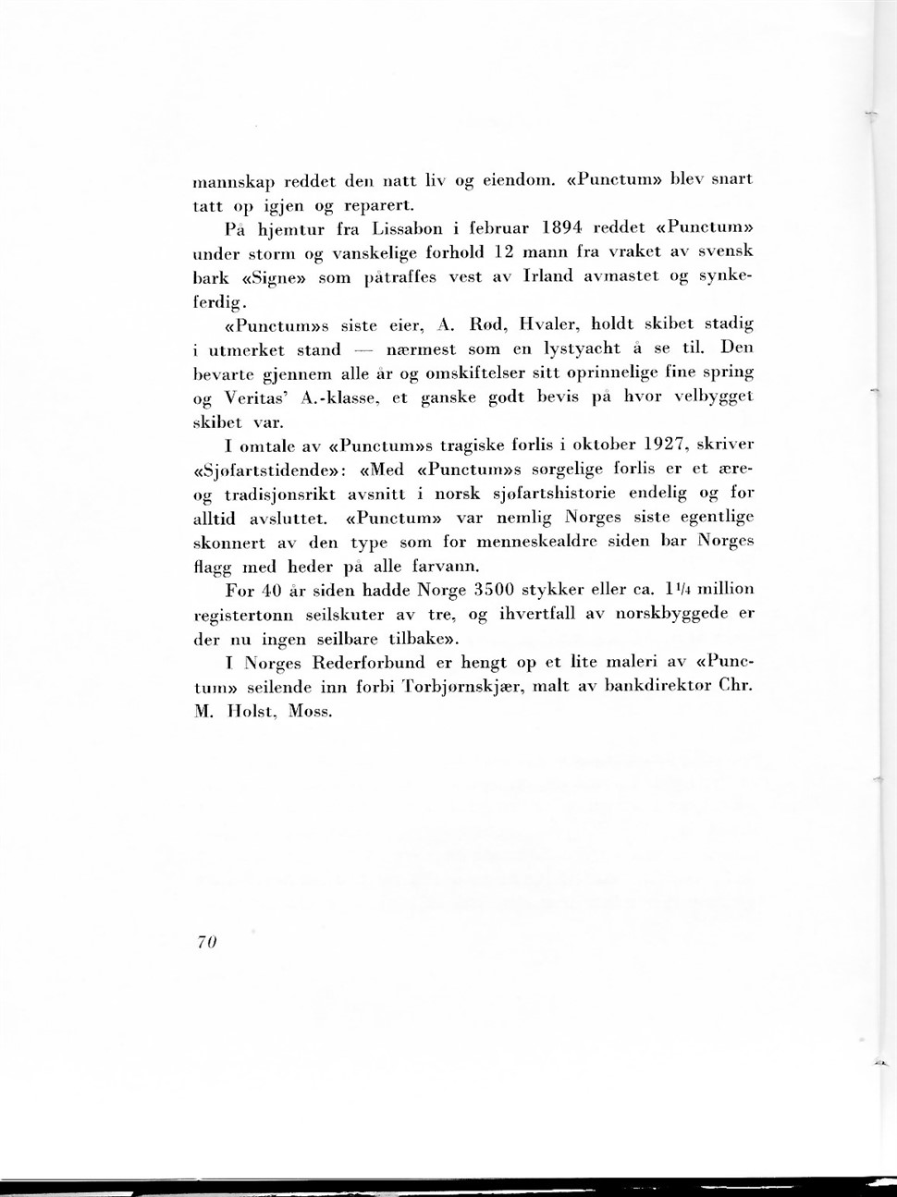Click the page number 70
[205, 941]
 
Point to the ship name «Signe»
[275, 276]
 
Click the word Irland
[547, 275]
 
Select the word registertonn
[243, 614]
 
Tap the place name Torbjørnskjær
[427, 687]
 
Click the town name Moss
[309, 712]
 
